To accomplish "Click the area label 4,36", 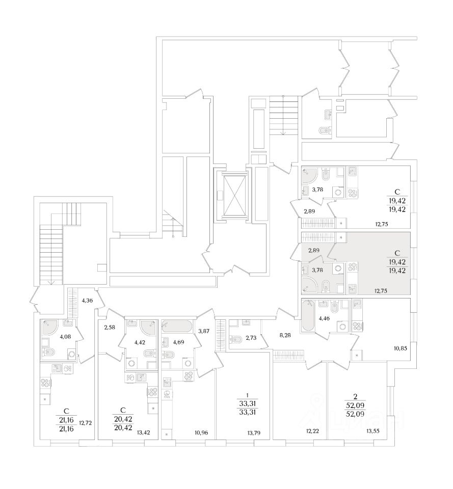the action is click(87, 300).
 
